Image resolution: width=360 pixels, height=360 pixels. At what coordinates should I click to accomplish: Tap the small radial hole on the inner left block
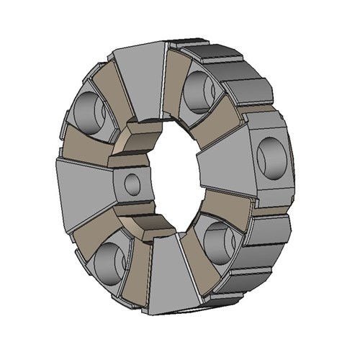coord(132,184)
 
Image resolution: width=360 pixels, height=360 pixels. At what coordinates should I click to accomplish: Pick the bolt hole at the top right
coord(198,90)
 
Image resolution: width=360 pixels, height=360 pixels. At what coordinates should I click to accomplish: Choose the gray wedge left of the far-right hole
coord(223,162)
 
